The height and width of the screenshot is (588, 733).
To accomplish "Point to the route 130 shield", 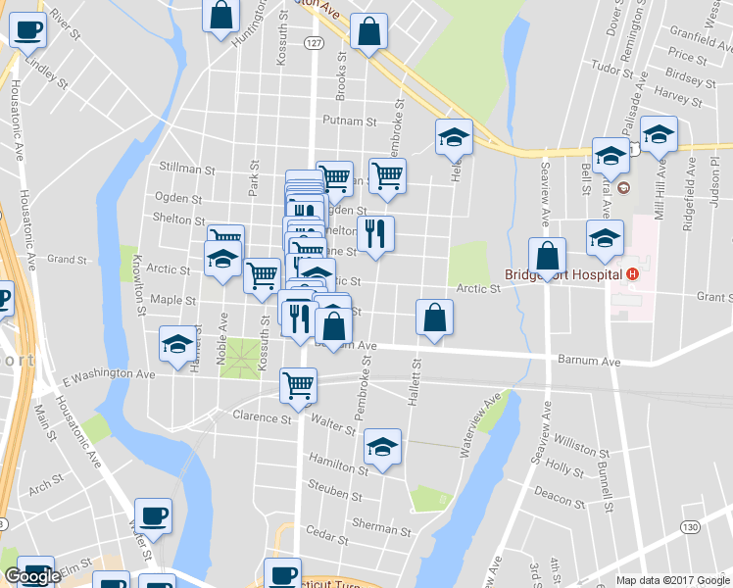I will pos(692,527).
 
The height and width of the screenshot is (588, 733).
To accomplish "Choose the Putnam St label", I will pos(351,122).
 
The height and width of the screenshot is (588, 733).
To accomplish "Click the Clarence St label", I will pos(263,417).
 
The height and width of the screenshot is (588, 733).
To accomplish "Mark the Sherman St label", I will pos(375,526).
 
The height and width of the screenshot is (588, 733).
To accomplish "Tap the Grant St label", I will pos(713,296).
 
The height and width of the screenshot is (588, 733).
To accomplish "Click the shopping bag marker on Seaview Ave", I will pos(548,256).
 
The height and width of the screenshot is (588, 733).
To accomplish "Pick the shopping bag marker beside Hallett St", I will pos(434,318).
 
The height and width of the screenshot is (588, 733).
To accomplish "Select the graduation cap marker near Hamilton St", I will pos(382,447).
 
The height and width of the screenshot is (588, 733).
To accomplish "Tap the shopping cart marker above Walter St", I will pos(299,384).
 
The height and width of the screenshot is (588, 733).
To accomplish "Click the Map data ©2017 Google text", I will pos(672,580).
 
